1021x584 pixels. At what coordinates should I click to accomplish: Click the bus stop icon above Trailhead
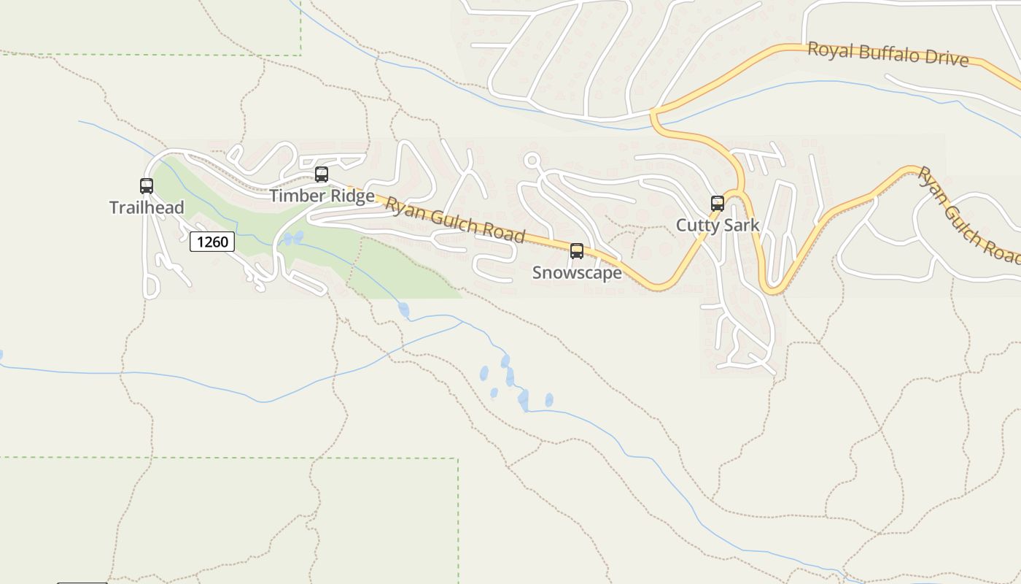coord(147,186)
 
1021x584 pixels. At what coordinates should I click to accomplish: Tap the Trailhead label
coord(147,208)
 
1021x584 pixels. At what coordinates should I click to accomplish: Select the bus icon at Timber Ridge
coord(321,174)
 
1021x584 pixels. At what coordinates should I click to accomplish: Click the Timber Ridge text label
coord(322,196)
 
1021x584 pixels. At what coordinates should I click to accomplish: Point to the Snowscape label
coord(577,273)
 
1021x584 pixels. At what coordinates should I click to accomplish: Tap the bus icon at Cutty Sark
coord(718,204)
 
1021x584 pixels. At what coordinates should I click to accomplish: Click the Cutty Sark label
coord(718,225)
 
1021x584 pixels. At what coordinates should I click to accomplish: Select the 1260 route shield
coord(212,242)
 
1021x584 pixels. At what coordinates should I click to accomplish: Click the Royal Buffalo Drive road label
coord(888,55)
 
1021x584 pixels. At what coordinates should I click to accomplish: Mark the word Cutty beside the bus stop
coord(696,225)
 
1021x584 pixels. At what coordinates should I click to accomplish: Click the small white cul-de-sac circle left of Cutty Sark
coord(532,160)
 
